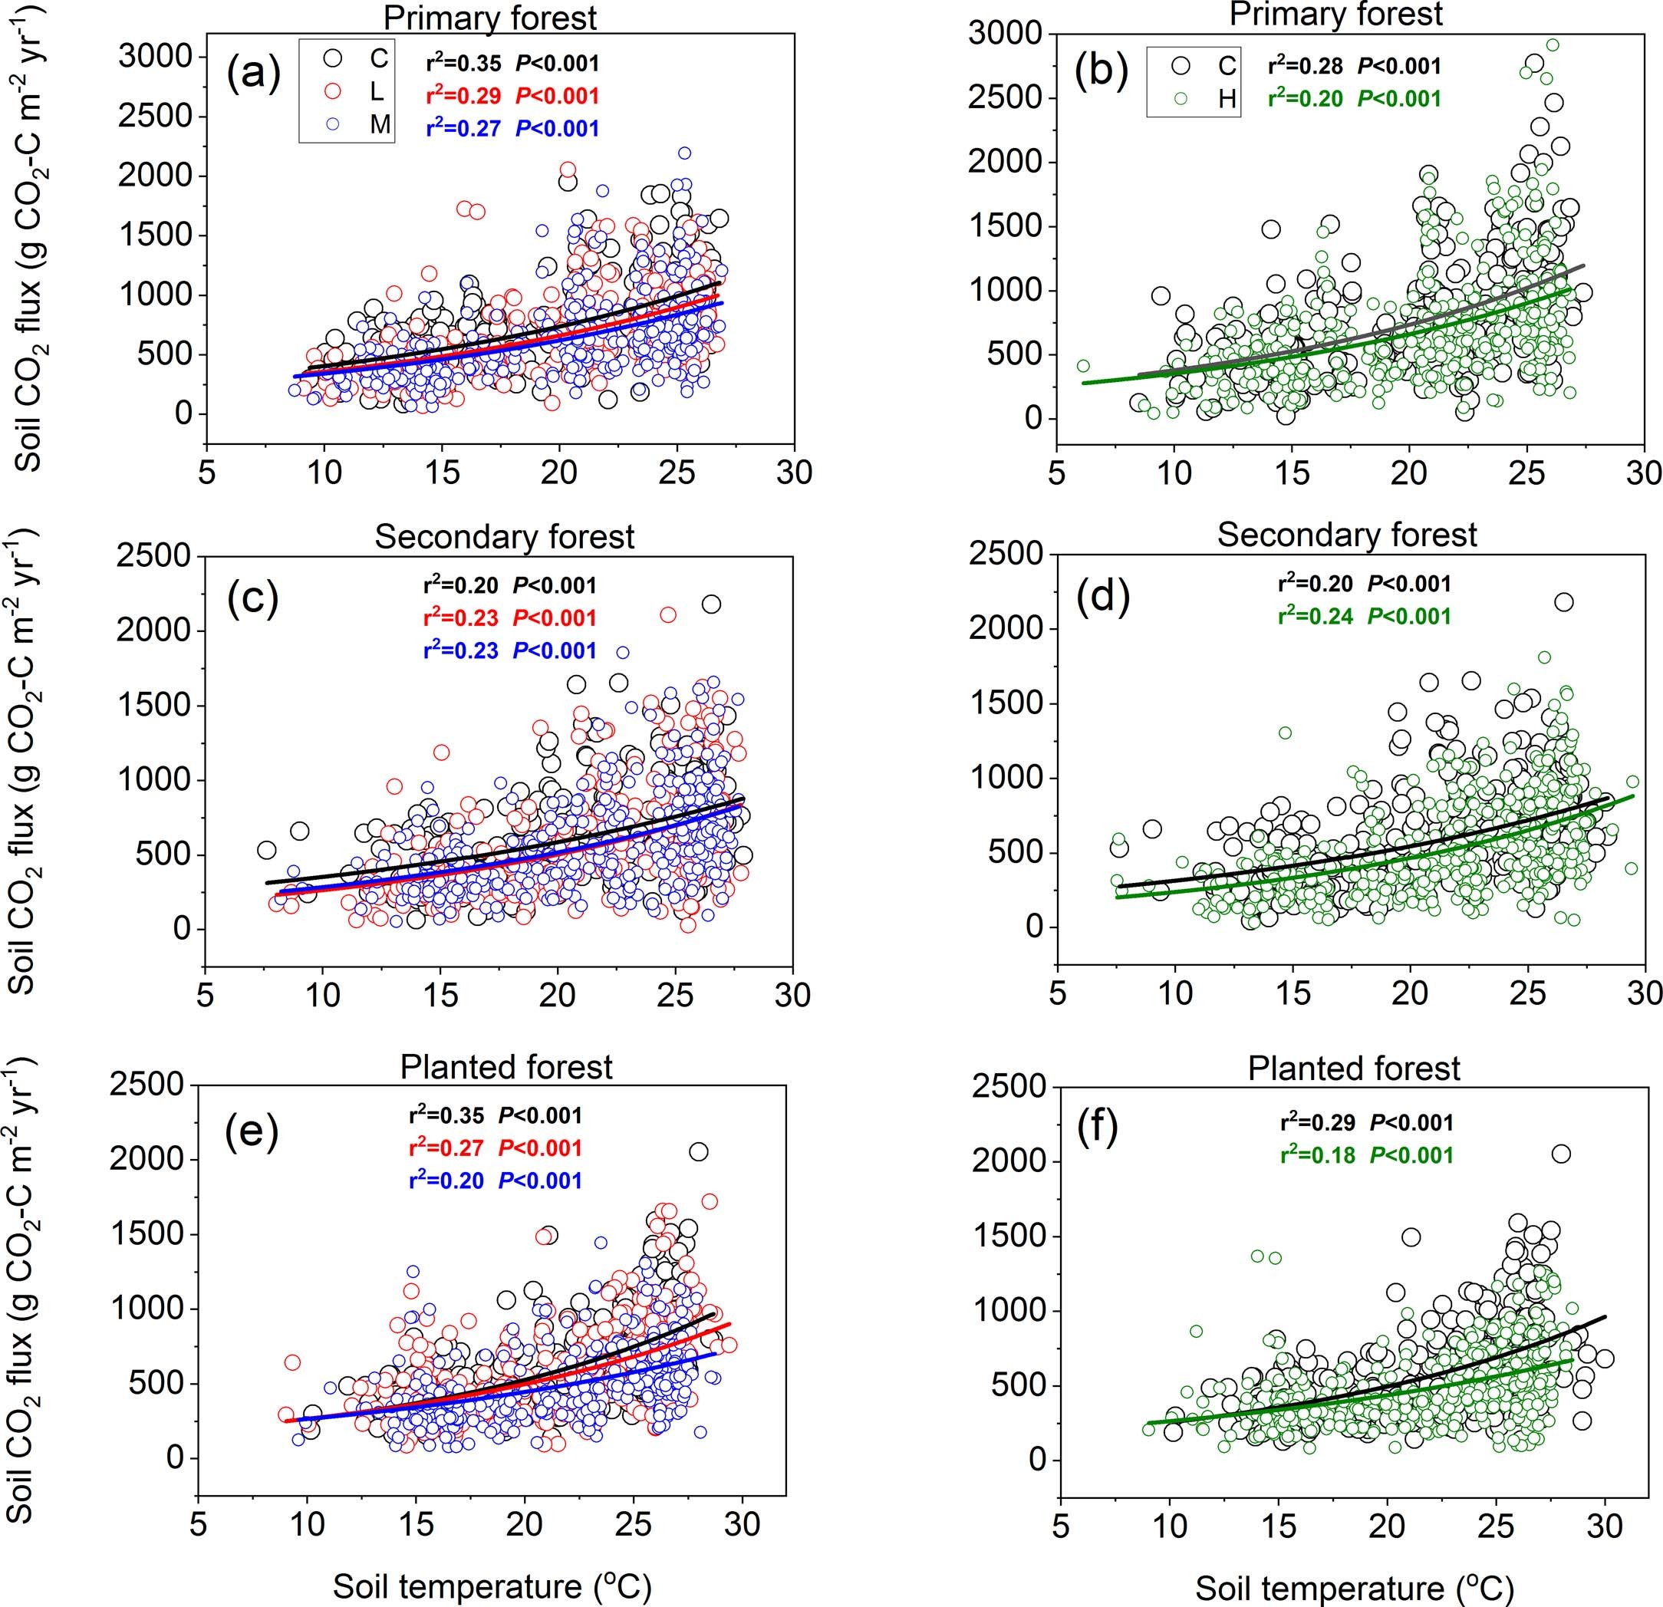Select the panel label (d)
(x=1102, y=598)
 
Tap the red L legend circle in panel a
(x=334, y=91)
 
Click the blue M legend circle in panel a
(x=334, y=123)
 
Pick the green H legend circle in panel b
(x=1181, y=98)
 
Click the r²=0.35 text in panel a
(x=463, y=64)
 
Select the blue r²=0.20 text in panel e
(x=446, y=1181)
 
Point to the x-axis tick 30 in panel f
(x=1604, y=1526)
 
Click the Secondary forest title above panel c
(x=504, y=537)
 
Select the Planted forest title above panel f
(x=1353, y=1069)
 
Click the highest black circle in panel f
(x=1560, y=1154)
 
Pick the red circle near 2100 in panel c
(x=668, y=615)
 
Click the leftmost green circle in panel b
(x=1082, y=366)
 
